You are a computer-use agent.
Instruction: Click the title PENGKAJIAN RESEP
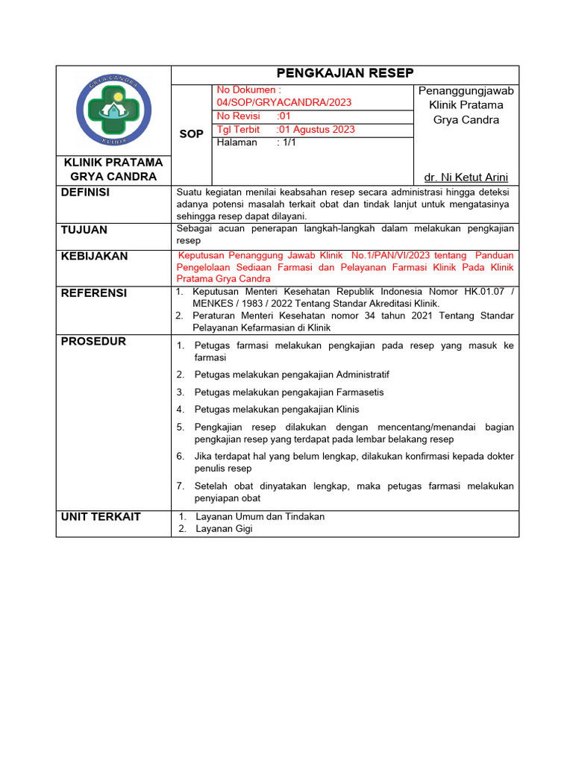pos(345,73)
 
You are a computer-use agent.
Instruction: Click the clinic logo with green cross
pos(114,110)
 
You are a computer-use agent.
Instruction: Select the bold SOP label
pos(192,134)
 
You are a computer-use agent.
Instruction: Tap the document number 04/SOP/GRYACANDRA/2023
pos(284,102)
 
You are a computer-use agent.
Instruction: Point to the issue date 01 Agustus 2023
pos(316,129)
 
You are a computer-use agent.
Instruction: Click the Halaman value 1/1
pos(286,143)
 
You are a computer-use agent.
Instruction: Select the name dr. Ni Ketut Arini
pos(466,177)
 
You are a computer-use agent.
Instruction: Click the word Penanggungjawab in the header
pos(466,91)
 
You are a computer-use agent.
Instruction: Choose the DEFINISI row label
pos(85,192)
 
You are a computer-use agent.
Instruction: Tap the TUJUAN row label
pos(84,230)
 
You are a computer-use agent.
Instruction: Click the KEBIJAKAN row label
pos(94,256)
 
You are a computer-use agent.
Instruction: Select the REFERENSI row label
pos(93,292)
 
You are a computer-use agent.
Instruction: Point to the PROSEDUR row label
pos(93,341)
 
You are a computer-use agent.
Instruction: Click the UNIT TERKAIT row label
pos(101,516)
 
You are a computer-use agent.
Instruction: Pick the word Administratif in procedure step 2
pos(363,375)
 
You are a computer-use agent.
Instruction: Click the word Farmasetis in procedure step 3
pos(360,392)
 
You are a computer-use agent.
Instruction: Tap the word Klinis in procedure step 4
pos(348,410)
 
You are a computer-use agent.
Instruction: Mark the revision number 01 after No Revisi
pos(284,116)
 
